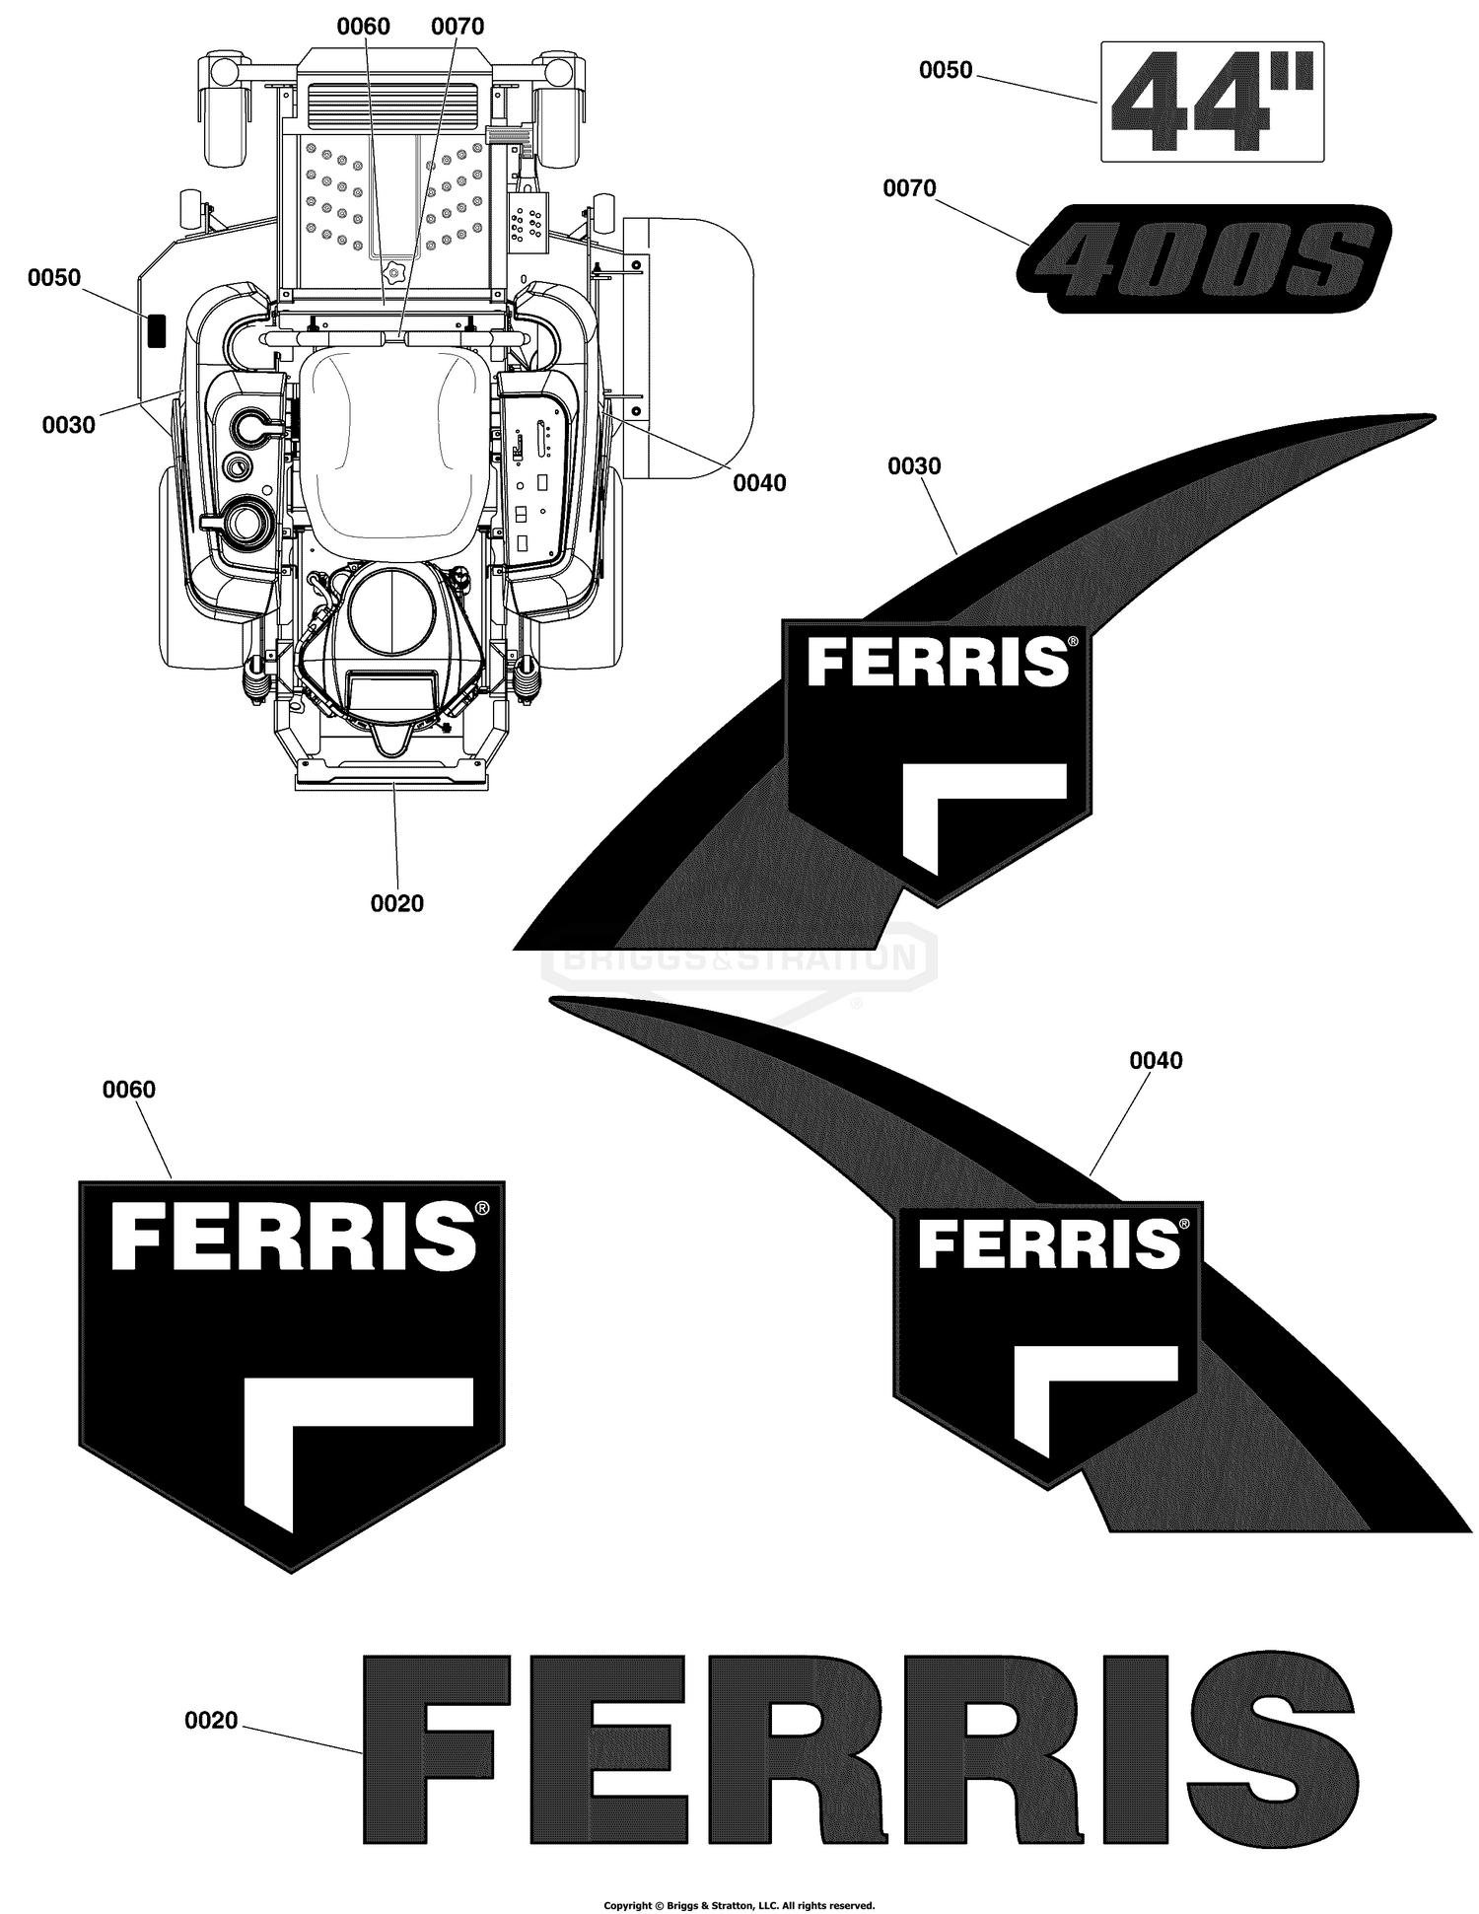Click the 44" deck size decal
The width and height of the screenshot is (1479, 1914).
1212,102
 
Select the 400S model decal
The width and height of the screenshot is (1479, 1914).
1204,258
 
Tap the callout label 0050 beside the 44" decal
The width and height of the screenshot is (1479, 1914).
946,70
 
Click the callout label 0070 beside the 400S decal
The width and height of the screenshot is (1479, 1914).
909,188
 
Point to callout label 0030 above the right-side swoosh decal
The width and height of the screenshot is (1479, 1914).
914,466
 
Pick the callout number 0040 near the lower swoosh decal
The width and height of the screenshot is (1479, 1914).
1156,1061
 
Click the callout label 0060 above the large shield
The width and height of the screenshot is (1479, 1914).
129,1090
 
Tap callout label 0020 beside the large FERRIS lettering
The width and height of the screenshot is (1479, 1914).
211,1721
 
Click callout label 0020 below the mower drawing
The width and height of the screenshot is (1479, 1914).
397,903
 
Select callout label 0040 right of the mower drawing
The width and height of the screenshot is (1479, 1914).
759,483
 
